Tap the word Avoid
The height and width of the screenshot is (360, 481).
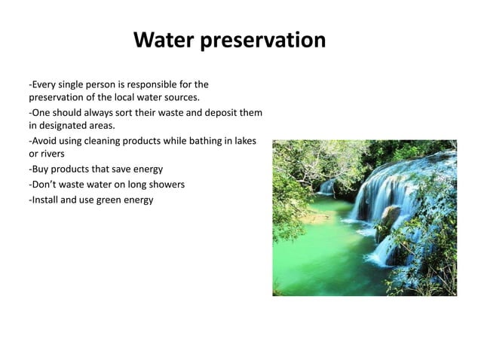click(x=44, y=141)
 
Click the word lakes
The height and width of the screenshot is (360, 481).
click(x=244, y=141)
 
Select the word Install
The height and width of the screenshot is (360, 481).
click(x=46, y=199)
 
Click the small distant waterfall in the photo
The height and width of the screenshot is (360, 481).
click(x=326, y=186)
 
